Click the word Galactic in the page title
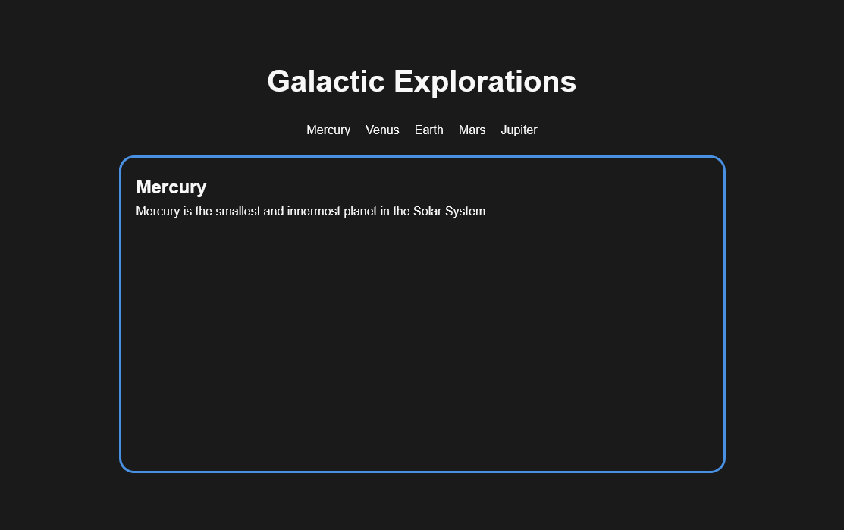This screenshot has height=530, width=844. (x=325, y=81)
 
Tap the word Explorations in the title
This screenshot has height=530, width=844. (x=485, y=83)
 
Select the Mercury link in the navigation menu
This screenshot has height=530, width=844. (x=328, y=130)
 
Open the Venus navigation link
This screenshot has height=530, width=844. (x=382, y=130)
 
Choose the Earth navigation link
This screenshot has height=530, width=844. (x=429, y=130)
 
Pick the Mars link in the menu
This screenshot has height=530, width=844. (x=472, y=130)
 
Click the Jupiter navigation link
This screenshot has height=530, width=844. (x=519, y=130)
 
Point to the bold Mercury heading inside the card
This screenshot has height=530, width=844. (x=171, y=187)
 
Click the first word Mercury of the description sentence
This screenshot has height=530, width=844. (x=158, y=212)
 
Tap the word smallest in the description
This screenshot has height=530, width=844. (x=238, y=212)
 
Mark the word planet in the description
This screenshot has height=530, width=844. (x=360, y=212)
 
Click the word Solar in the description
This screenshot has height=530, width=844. (x=428, y=212)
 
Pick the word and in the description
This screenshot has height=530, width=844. (x=274, y=212)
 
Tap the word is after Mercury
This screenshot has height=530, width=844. (x=187, y=212)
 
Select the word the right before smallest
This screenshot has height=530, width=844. (x=204, y=212)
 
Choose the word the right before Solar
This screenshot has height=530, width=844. (x=402, y=212)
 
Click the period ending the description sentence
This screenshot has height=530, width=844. (x=487, y=216)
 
